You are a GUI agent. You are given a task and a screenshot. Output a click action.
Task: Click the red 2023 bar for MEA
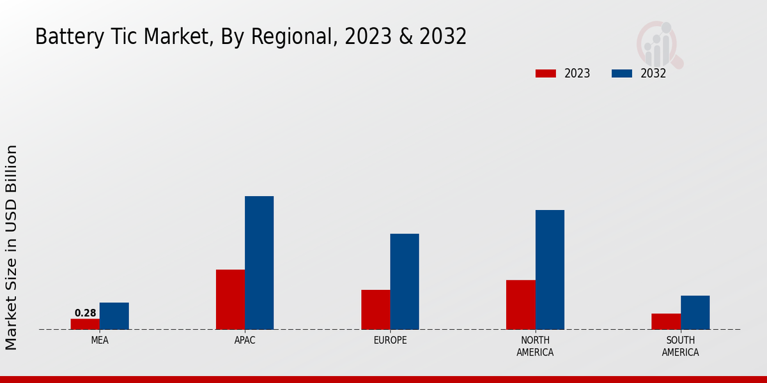(x=85, y=324)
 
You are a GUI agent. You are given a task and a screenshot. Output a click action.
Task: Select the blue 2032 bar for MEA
(x=114, y=316)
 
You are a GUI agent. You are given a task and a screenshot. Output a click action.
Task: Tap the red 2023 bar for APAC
(x=230, y=299)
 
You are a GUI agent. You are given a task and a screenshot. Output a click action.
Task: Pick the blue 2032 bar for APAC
(x=259, y=263)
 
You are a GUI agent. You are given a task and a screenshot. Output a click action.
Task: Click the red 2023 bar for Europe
(x=375, y=310)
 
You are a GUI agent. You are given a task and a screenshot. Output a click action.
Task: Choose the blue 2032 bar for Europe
(x=405, y=282)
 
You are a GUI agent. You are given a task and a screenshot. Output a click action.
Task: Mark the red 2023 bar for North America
(x=520, y=304)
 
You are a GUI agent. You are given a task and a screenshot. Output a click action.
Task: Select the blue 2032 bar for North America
(x=550, y=270)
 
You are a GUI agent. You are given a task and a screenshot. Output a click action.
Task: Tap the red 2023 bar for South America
(x=665, y=322)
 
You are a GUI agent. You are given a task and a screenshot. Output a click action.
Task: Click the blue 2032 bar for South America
(x=695, y=313)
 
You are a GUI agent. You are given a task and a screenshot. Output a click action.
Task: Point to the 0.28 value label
(x=86, y=313)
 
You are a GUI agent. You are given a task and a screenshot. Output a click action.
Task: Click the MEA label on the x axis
(x=100, y=340)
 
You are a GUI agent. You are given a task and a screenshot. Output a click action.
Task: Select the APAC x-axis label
(x=245, y=340)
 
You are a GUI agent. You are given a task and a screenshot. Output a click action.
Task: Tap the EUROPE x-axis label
(x=390, y=340)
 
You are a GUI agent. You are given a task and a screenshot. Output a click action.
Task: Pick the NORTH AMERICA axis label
(x=535, y=346)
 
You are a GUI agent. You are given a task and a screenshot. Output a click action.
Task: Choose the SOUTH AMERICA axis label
(x=680, y=346)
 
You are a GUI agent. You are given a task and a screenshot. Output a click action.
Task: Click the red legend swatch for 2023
(x=546, y=73)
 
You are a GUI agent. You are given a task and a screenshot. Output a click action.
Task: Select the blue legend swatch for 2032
(x=622, y=73)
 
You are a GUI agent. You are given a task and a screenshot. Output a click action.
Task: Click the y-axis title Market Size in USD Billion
(x=12, y=247)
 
